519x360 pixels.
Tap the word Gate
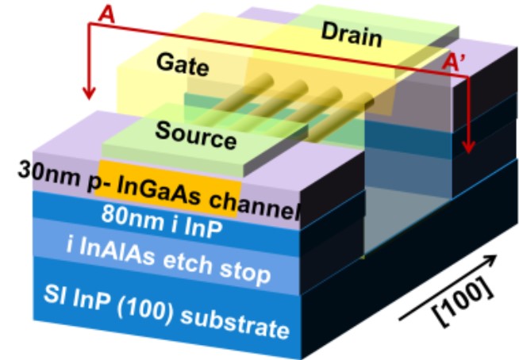[183, 64]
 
